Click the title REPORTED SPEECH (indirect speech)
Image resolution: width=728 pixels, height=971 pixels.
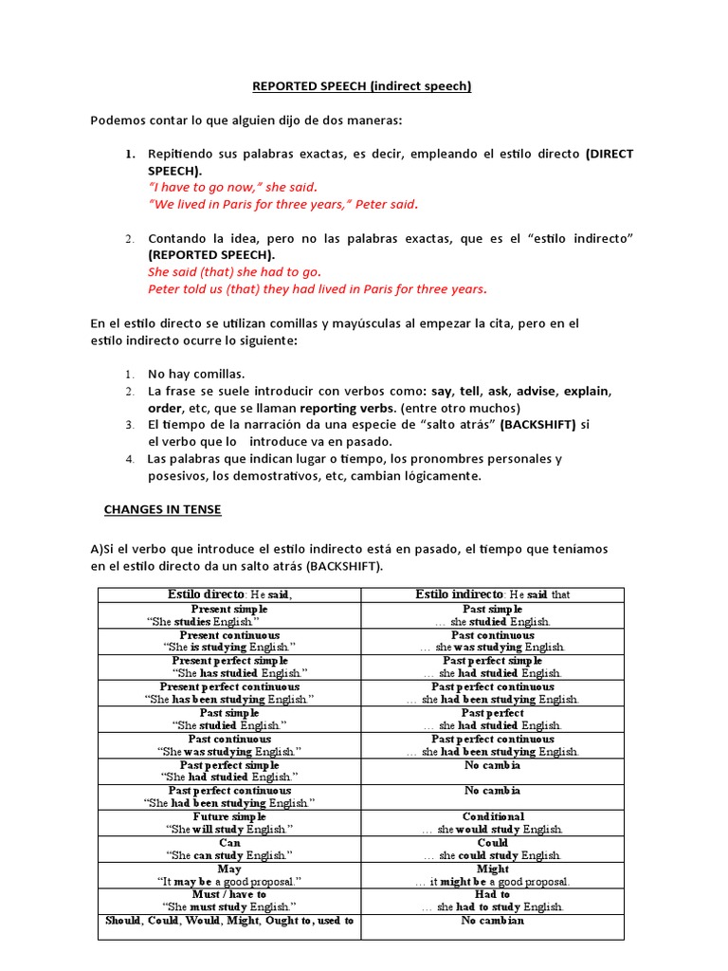coord(361,86)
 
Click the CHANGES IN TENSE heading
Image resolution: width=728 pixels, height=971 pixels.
coord(162,509)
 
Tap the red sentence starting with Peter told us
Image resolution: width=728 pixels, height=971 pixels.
coord(318,288)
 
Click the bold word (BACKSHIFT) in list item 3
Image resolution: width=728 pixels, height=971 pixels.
coord(537,425)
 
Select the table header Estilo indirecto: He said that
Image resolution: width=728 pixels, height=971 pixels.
coord(493,595)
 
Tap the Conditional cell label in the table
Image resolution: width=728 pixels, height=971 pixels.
coord(493,816)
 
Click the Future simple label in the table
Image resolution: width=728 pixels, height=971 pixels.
coord(229,816)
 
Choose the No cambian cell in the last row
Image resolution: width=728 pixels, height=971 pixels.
coord(493,921)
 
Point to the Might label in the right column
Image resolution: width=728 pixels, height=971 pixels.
coord(493,869)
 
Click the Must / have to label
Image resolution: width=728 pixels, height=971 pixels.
coord(229,894)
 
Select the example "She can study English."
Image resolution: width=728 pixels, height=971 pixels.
coord(229,855)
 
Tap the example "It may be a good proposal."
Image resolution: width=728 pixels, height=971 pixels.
coord(229,881)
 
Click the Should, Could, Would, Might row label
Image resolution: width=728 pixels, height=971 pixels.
coord(229,921)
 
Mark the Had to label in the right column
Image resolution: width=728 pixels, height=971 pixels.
coord(493,894)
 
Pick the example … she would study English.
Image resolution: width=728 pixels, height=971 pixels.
coord(493,829)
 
